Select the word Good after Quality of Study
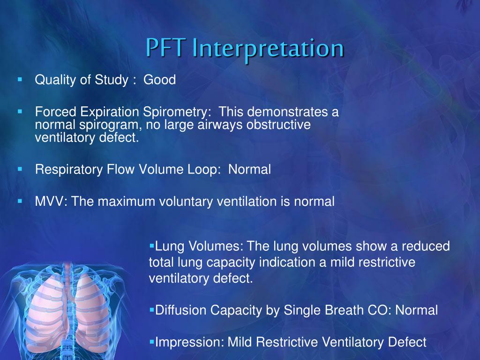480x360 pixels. pyautogui.click(x=159, y=80)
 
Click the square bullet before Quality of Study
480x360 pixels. pyautogui.click(x=20, y=80)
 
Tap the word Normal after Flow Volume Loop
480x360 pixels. pyautogui.click(x=249, y=170)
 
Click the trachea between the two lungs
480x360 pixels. pyautogui.click(x=69, y=291)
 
